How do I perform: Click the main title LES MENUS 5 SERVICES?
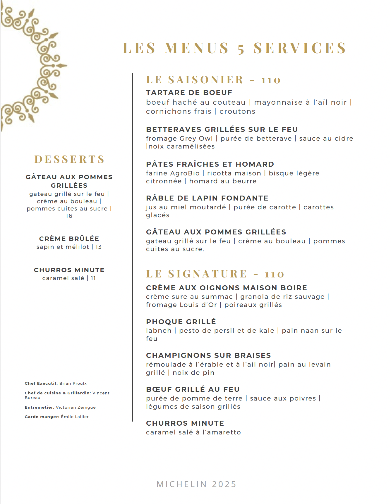click(x=234, y=48)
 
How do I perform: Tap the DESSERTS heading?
click(x=69, y=159)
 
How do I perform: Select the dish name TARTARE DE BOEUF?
click(x=189, y=93)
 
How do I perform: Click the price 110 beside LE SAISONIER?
click(x=271, y=80)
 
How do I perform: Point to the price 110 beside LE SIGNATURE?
click(x=275, y=274)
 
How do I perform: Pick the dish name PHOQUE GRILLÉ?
click(x=181, y=322)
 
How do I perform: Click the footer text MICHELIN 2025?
click(x=196, y=484)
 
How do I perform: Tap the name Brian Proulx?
click(x=73, y=384)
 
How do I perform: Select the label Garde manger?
click(x=42, y=417)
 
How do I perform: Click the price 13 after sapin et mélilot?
click(x=99, y=247)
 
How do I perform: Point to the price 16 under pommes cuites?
click(x=69, y=216)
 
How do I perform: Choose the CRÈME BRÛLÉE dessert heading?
click(x=69, y=239)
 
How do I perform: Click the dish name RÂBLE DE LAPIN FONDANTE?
click(x=207, y=198)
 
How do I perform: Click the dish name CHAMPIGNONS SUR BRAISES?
click(x=208, y=355)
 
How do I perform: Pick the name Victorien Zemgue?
click(x=76, y=408)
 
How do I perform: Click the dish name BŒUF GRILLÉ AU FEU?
click(x=193, y=389)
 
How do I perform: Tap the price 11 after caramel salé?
click(x=93, y=278)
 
